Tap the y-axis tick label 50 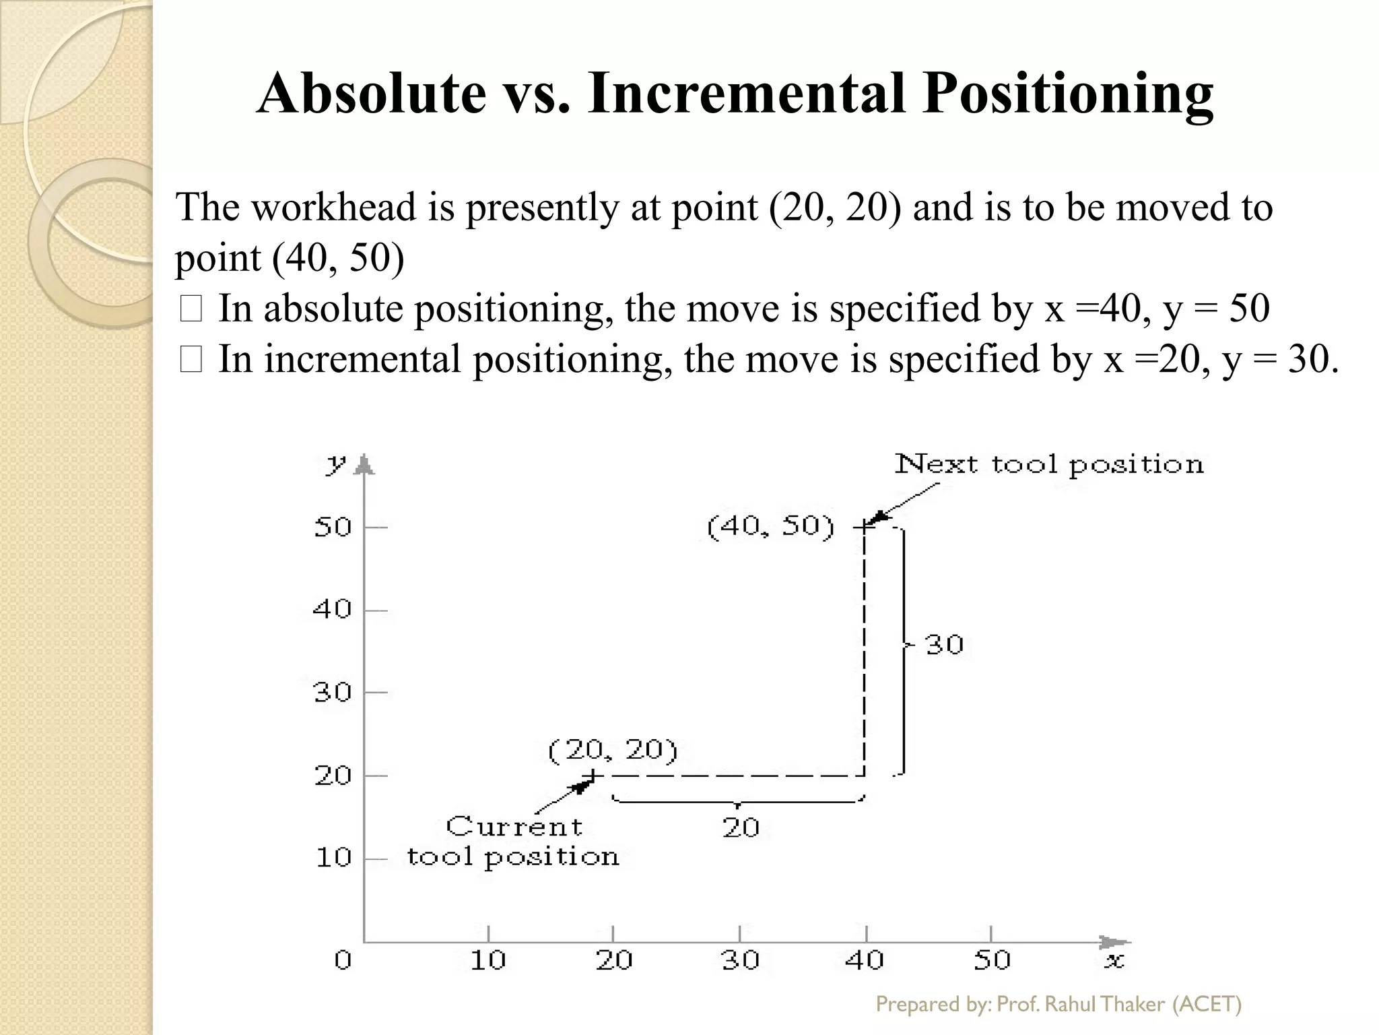[333, 527]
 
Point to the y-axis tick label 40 [333, 610]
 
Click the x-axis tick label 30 [740, 960]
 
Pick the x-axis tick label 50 [992, 960]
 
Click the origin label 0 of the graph [343, 960]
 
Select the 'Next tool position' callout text [1048, 464]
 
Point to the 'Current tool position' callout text [513, 842]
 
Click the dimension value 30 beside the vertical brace [945, 645]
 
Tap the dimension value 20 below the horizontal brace [741, 827]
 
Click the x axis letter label [1114, 961]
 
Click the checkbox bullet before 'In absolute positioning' [191, 310]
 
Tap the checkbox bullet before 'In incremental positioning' [191, 360]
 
